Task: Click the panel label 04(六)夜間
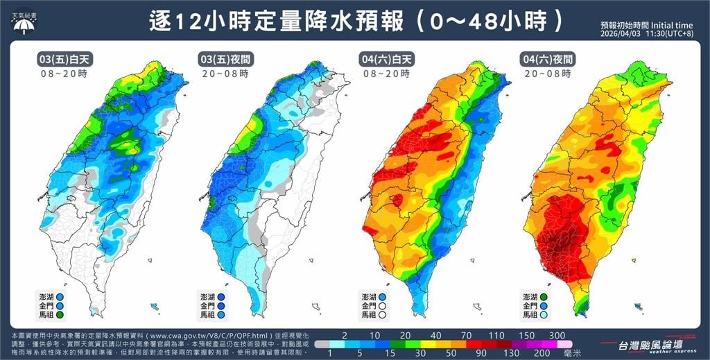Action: (x=547, y=60)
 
